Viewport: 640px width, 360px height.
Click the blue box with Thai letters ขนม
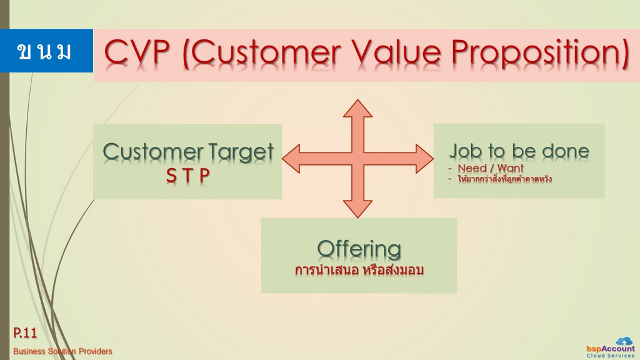[46, 51]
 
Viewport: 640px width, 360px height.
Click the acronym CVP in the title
[137, 52]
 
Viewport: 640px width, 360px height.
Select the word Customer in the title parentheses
[266, 52]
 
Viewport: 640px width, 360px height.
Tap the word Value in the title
[396, 52]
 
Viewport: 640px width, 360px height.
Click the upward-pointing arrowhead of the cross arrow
[357, 109]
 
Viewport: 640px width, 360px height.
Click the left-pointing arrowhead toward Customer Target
[291, 158]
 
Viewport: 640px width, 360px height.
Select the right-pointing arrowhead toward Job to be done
[424, 158]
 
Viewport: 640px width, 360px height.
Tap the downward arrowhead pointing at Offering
[357, 209]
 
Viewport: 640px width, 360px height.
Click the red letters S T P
[187, 176]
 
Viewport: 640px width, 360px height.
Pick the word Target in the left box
[241, 152]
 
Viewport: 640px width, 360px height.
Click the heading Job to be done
[519, 151]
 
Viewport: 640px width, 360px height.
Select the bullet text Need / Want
[490, 167]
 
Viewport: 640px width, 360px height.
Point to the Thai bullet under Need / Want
[504, 179]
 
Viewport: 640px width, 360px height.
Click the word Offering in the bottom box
[359, 249]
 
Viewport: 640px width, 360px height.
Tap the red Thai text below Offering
[359, 270]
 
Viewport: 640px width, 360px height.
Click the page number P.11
[25, 332]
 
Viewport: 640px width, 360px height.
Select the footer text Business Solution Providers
[62, 351]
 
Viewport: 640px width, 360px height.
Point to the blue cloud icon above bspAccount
[624, 341]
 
